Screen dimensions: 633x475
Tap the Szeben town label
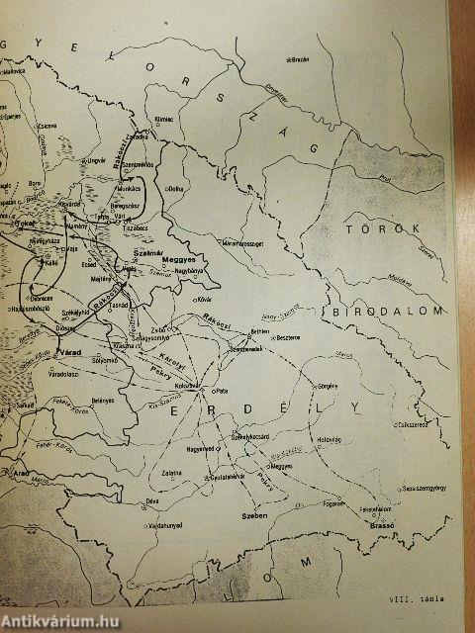click(257, 516)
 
